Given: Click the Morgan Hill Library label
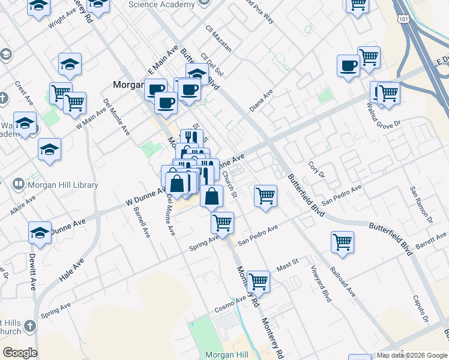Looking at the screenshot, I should [62, 185].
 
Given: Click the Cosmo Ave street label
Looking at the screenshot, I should [231, 304].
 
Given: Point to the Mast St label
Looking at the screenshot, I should [287, 266].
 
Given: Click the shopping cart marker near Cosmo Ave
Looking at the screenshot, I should [258, 280].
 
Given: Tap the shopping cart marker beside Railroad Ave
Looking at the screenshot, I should [342, 242].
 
